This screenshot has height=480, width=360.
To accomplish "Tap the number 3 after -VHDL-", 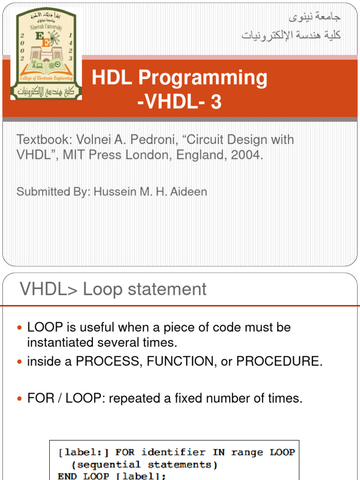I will point(216,102).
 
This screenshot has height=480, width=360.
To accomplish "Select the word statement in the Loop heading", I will point(170,289).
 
